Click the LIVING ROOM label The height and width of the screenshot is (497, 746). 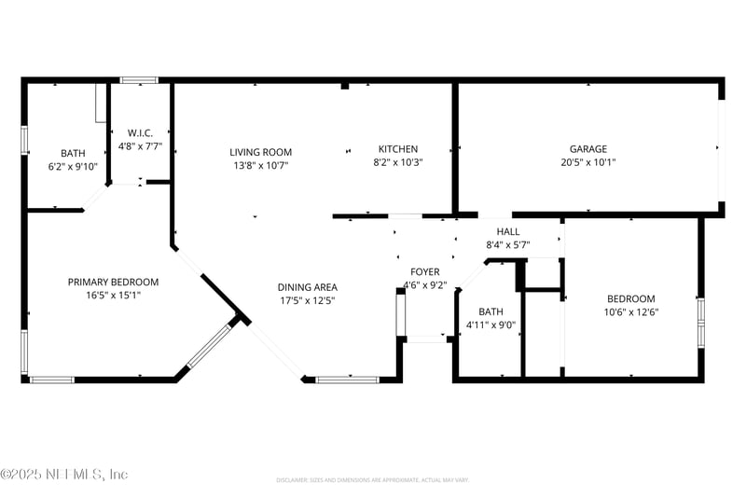pyautogui.click(x=261, y=152)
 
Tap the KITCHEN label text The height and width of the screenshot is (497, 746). pyautogui.click(x=397, y=149)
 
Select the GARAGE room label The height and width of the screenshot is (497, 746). pyautogui.click(x=588, y=149)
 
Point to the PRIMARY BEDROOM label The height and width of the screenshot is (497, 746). pyautogui.click(x=113, y=282)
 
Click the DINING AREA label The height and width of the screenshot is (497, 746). pyautogui.click(x=307, y=287)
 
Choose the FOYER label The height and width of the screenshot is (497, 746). pyautogui.click(x=424, y=272)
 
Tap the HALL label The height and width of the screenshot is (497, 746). pyautogui.click(x=508, y=231)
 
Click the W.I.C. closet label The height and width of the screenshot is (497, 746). pyautogui.click(x=141, y=133)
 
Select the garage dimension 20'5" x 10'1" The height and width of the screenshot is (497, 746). pyautogui.click(x=588, y=162)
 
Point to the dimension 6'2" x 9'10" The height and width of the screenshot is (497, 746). pyautogui.click(x=72, y=167)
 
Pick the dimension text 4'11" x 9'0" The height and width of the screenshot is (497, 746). pyautogui.click(x=490, y=325)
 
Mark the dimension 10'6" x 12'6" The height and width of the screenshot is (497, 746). pyautogui.click(x=630, y=312)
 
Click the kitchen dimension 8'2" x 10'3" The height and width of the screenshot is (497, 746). pyautogui.click(x=397, y=162)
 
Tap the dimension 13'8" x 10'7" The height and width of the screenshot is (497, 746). pyautogui.click(x=261, y=165)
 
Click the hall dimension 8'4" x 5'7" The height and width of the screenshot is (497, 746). pyautogui.click(x=508, y=244)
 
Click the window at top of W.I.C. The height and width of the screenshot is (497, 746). pyautogui.click(x=139, y=80)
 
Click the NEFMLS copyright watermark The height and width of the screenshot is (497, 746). pyautogui.click(x=64, y=475)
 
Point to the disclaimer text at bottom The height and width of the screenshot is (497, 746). pyautogui.click(x=372, y=480)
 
